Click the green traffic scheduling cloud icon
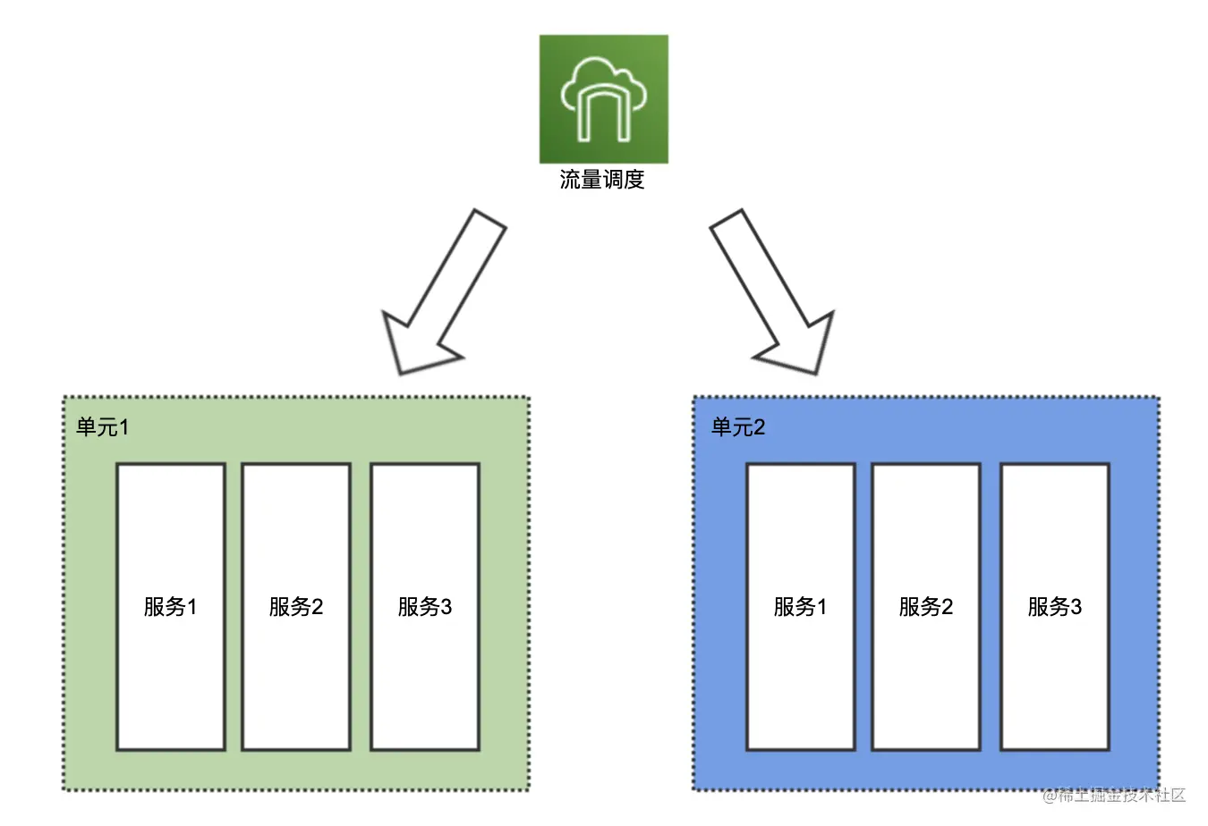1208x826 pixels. tap(603, 98)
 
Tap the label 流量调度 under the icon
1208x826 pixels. tap(602, 180)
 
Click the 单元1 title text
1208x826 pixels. tap(102, 427)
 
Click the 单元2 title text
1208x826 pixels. tap(737, 427)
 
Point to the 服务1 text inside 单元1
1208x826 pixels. tap(170, 607)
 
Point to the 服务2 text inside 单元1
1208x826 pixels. tap(295, 607)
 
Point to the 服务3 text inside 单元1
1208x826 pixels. tap(424, 607)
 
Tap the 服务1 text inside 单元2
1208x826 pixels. tap(800, 607)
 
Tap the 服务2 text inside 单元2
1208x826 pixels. tap(925, 607)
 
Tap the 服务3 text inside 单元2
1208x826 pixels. tap(1054, 607)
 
